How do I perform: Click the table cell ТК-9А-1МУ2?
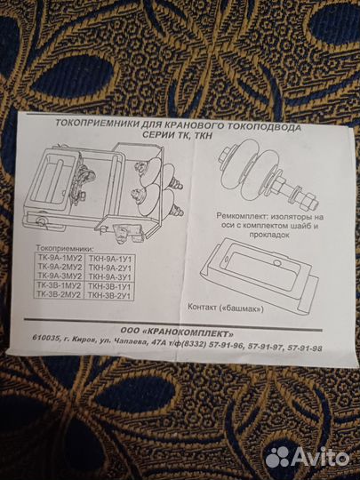click(x=59, y=257)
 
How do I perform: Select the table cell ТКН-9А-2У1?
click(x=109, y=268)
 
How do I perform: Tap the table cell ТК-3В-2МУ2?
click(x=60, y=294)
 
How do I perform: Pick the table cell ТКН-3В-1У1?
click(x=109, y=286)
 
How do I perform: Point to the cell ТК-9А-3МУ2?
click(x=60, y=276)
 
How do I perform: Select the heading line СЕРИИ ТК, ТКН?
click(x=178, y=135)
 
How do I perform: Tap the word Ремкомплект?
click(x=238, y=215)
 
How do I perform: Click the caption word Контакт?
click(x=202, y=307)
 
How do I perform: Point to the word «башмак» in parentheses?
click(x=242, y=308)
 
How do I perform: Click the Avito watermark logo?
click(x=307, y=458)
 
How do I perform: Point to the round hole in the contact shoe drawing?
click(x=277, y=262)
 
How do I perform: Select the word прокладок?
click(x=269, y=235)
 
